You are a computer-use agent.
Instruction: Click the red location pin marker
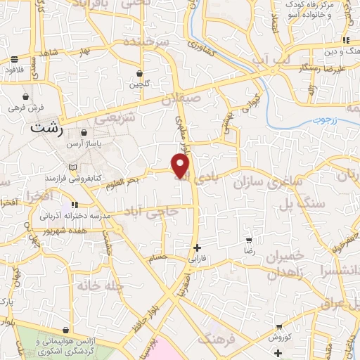click(181, 165)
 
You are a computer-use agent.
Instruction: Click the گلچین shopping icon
click(139, 73)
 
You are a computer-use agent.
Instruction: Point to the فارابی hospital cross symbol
click(198, 247)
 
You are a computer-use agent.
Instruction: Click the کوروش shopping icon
click(280, 328)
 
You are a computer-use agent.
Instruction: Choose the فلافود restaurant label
click(14, 70)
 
